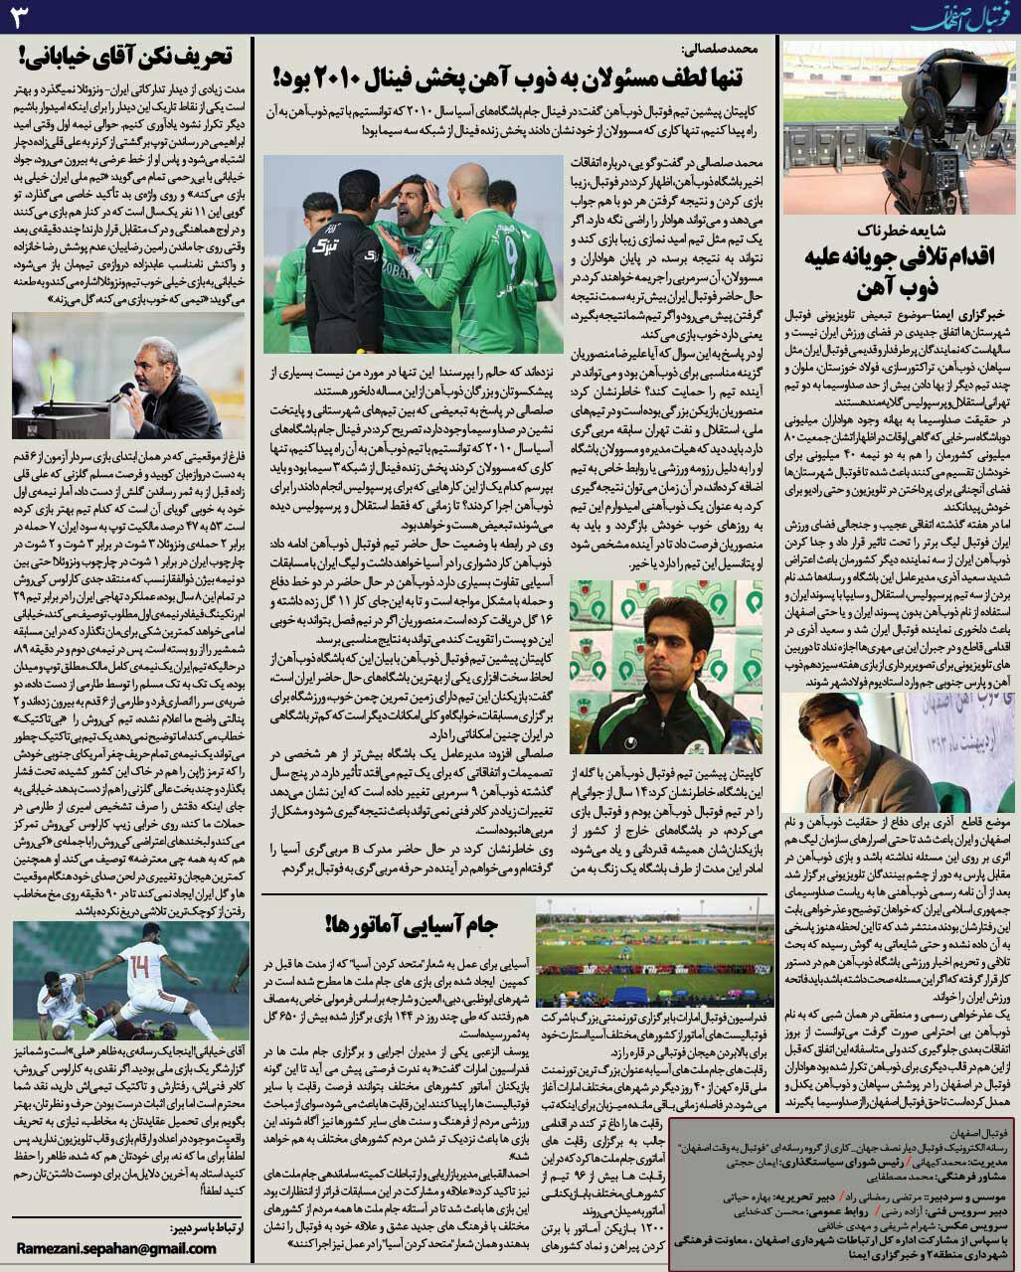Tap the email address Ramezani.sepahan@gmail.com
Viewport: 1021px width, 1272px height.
[x=116, y=1249]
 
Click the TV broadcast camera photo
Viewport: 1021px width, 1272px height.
[x=900, y=128]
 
